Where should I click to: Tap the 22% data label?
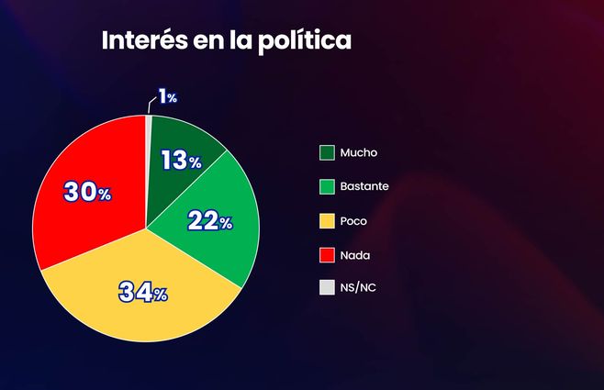pyautogui.click(x=209, y=221)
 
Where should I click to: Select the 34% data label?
pyautogui.click(x=143, y=293)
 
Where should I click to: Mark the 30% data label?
pyautogui.click(x=86, y=193)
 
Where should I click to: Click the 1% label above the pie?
pyautogui.click(x=167, y=96)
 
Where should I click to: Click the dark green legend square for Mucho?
pyautogui.click(x=327, y=152)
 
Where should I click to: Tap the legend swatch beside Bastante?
pyautogui.click(x=327, y=186)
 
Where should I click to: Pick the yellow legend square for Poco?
pyautogui.click(x=327, y=220)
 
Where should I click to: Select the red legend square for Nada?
pyautogui.click(x=327, y=254)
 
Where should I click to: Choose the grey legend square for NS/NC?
pyautogui.click(x=327, y=288)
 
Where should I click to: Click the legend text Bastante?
pyautogui.click(x=364, y=186)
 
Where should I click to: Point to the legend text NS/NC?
pyautogui.click(x=358, y=288)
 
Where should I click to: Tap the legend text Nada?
pyautogui.click(x=354, y=254)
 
